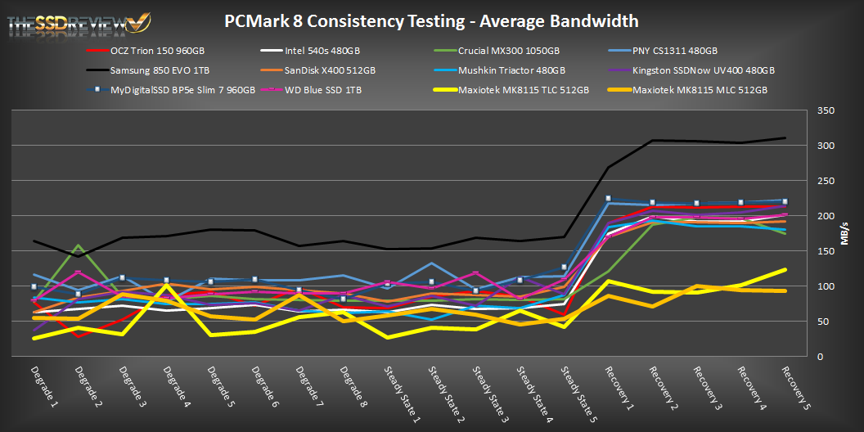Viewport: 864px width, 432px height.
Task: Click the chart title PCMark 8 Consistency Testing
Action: tap(431, 20)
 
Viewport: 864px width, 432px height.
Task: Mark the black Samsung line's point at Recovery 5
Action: tap(785, 138)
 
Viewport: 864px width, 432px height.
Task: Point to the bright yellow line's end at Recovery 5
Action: tap(785, 269)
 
